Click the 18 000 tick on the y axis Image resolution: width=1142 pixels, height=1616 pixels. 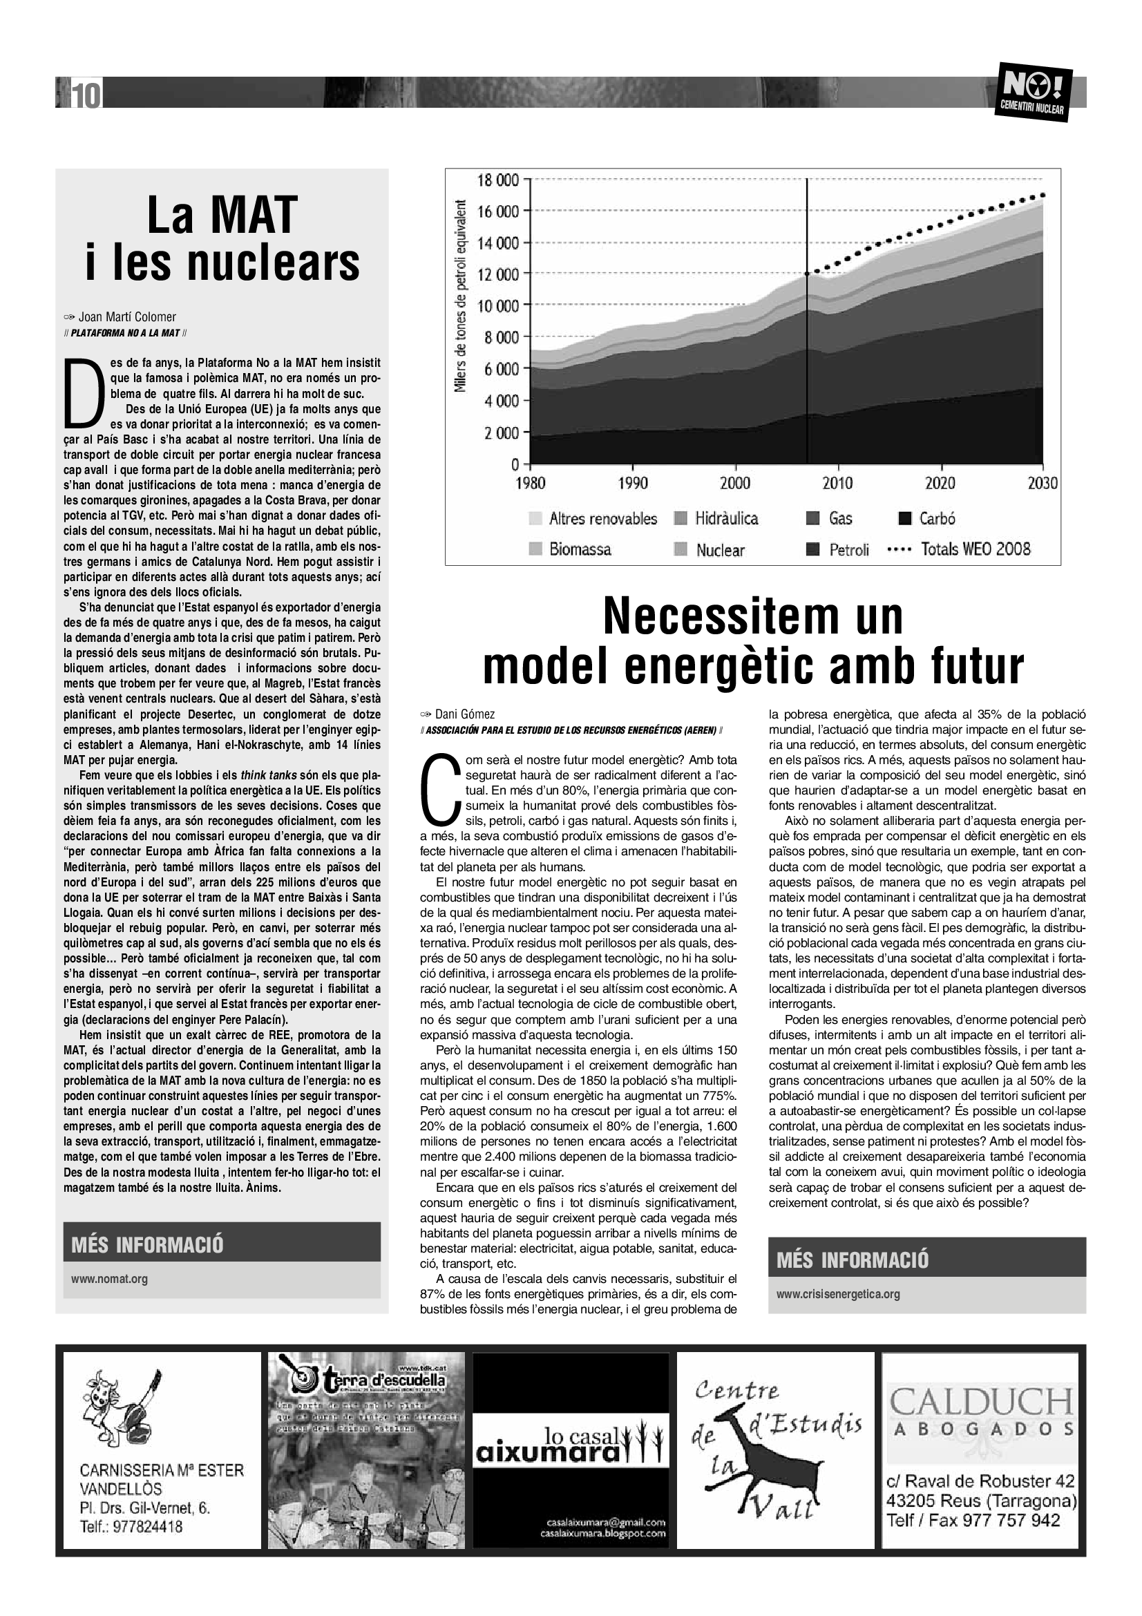pyautogui.click(x=498, y=180)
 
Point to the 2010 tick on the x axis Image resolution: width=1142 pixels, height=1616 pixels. pyautogui.click(x=837, y=483)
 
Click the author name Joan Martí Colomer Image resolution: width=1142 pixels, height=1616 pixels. pyautogui.click(x=126, y=316)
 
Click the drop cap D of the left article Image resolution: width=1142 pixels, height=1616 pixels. pyautogui.click(x=79, y=392)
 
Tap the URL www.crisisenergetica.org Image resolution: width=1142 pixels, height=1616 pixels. pyautogui.click(x=838, y=1293)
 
